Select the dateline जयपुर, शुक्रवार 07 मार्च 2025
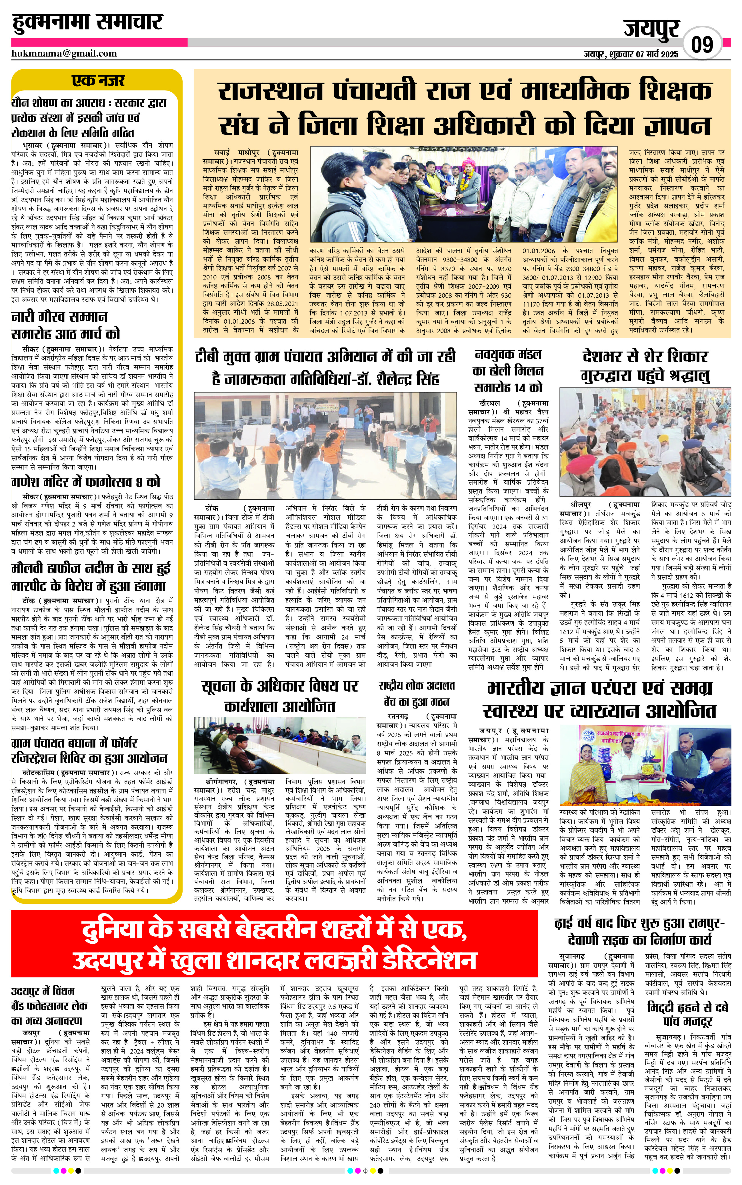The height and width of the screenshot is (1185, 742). click(631, 54)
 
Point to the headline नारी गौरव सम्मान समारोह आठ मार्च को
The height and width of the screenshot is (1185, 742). click(65, 325)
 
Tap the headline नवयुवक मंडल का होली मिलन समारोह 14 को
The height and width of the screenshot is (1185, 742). click(508, 371)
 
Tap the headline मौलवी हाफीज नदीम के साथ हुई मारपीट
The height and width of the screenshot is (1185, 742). click(91, 577)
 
